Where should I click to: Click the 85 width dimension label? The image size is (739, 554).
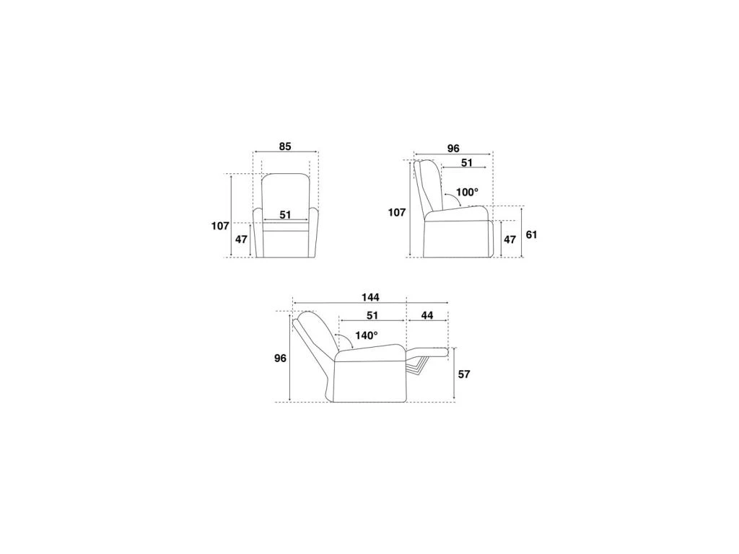(284, 146)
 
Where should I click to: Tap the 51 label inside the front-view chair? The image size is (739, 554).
(285, 215)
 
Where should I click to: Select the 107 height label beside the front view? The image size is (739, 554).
(220, 226)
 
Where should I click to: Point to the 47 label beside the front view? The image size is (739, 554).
(241, 239)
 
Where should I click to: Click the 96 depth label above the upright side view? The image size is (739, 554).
(453, 149)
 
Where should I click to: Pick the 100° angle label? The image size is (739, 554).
(467, 192)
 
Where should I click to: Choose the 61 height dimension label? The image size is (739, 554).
(531, 234)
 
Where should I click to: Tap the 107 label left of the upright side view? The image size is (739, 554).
(397, 213)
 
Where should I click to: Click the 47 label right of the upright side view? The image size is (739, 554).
(510, 239)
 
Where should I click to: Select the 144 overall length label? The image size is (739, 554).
(370, 297)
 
